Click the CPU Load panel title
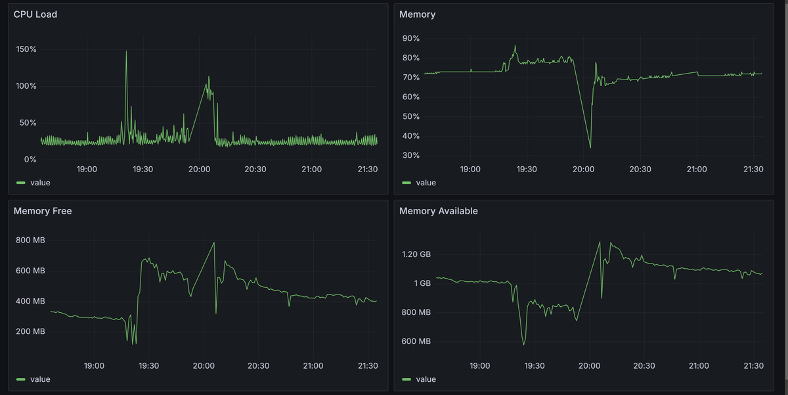click(35, 14)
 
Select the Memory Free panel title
click(43, 211)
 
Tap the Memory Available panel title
click(439, 211)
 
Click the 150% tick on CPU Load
click(26, 49)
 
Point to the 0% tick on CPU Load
click(30, 160)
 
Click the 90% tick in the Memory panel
click(411, 38)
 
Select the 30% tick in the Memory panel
click(411, 155)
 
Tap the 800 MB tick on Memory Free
click(30, 240)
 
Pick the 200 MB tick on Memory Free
click(30, 331)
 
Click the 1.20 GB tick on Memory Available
click(416, 254)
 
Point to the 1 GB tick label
click(422, 283)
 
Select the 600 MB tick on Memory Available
click(416, 341)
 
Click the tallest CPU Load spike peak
click(126, 51)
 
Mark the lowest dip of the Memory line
click(590, 147)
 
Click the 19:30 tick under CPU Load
click(143, 170)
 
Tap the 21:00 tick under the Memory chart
click(697, 170)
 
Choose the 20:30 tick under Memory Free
click(258, 366)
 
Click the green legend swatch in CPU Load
click(21, 183)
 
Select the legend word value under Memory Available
click(426, 379)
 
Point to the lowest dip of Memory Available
click(523, 344)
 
